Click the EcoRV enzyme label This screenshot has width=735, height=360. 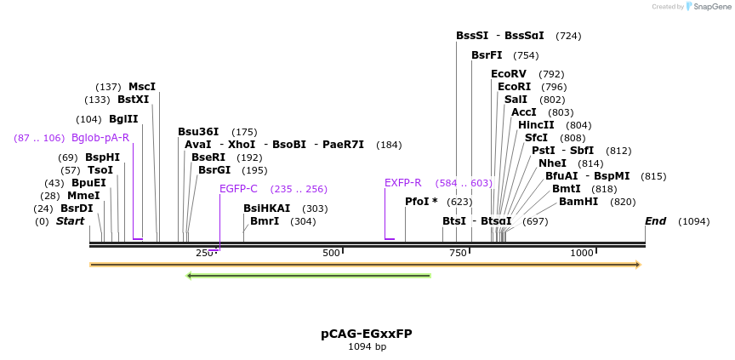pos(509,74)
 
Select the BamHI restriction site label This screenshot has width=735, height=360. pos(578,202)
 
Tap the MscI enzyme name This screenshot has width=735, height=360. pos(142,87)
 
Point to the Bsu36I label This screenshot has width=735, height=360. pos(198,132)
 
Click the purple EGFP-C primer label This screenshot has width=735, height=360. pos(238,189)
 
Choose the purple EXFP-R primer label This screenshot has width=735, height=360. pos(402,183)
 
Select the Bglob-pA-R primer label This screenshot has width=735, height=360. pos(100,138)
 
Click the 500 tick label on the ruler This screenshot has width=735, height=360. pos(331,253)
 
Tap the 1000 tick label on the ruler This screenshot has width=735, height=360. pos(582,253)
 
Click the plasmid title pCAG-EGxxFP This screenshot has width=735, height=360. pos(367,334)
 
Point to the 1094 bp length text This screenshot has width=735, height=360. pos(367,347)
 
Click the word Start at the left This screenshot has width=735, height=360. pos(71,221)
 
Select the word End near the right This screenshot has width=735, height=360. pos(655,221)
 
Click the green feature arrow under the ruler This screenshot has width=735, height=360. pos(308,275)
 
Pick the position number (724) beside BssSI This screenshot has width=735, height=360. pos(568,36)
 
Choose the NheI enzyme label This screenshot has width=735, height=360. pos(552,163)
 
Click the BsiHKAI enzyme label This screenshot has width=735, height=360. pos(266,209)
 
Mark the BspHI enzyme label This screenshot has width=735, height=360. pos(102,157)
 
